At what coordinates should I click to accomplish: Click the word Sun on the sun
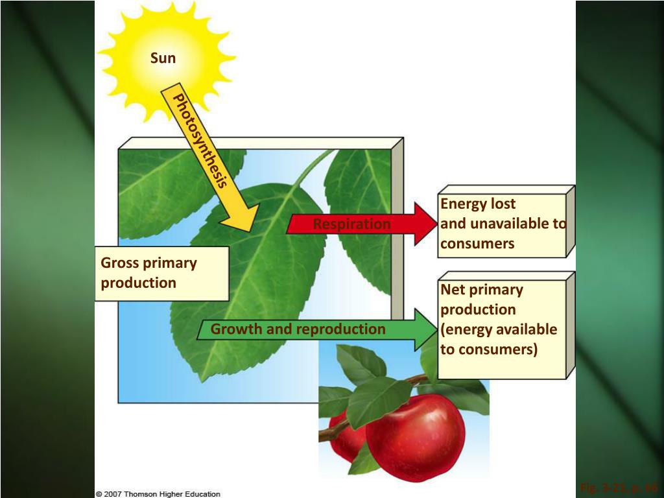tap(163, 58)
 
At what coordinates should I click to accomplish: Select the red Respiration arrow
tap(363, 224)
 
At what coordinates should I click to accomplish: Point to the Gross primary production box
tap(161, 273)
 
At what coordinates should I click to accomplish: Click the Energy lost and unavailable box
tap(502, 224)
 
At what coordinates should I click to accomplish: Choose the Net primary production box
tap(502, 324)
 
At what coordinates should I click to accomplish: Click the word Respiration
tap(351, 224)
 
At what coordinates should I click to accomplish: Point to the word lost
tap(503, 204)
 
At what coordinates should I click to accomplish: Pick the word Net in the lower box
tap(453, 289)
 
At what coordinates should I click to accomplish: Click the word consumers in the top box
tap(477, 244)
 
